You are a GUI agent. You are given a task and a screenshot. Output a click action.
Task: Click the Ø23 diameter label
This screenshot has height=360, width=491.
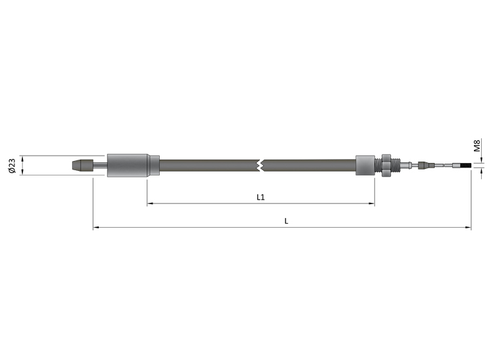pyautogui.click(x=12, y=165)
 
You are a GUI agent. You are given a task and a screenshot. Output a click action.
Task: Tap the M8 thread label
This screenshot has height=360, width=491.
pyautogui.click(x=477, y=145)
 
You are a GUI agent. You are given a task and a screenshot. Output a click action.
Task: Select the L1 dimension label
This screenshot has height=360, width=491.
pyautogui.click(x=261, y=196)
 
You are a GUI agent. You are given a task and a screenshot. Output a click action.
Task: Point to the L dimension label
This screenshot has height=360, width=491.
pyautogui.click(x=286, y=221)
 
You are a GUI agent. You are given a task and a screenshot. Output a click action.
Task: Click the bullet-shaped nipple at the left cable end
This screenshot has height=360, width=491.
pyautogui.click(x=81, y=166)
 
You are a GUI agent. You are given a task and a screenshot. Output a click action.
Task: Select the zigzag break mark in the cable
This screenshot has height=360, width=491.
pyautogui.click(x=261, y=165)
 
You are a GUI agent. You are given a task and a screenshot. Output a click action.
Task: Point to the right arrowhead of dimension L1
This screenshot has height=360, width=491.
pyautogui.click(x=372, y=204)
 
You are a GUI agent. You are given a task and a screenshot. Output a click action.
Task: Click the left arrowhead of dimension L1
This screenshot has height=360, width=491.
pyautogui.click(x=150, y=204)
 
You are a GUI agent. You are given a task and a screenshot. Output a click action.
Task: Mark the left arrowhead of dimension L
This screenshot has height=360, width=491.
pyautogui.click(x=96, y=228)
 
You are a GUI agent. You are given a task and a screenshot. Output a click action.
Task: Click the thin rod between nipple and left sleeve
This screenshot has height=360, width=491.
pyautogui.click(x=99, y=166)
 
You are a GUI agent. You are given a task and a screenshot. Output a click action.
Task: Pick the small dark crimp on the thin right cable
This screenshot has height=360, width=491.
pyautogui.click(x=425, y=166)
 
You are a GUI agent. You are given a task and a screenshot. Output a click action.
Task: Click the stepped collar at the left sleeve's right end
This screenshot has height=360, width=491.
pyautogui.click(x=154, y=166)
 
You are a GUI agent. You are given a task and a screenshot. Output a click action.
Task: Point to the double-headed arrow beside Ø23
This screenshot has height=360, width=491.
pyautogui.click(x=23, y=165)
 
